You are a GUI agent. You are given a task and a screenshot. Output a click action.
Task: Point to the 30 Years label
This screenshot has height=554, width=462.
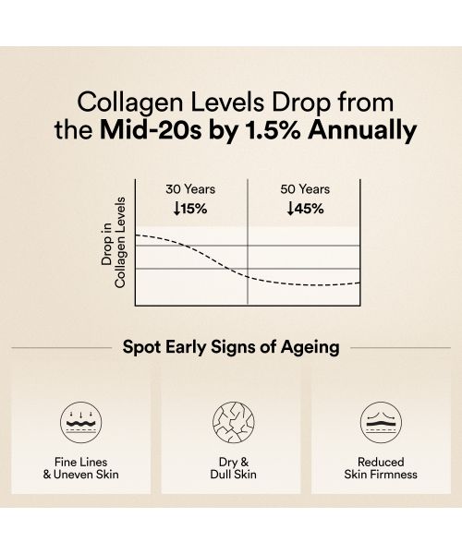pos(190,189)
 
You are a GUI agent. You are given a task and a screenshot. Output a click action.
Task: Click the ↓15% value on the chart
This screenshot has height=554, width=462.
pos(190,208)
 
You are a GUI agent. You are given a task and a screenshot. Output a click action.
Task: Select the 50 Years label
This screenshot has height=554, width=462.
pos(305,189)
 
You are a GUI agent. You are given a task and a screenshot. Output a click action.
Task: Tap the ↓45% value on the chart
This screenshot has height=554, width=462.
pos(305,208)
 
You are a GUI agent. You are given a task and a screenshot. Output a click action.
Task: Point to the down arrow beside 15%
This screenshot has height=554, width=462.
pos(176,208)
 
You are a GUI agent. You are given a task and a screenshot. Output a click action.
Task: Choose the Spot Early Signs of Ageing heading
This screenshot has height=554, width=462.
pos(231,348)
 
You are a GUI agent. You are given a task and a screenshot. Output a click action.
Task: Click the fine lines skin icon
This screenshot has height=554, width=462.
pos(80,419)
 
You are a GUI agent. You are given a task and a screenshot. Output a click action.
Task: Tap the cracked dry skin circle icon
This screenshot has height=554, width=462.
pos(230,419)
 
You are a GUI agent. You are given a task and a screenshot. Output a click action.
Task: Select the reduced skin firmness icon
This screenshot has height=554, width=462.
pos(380,419)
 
